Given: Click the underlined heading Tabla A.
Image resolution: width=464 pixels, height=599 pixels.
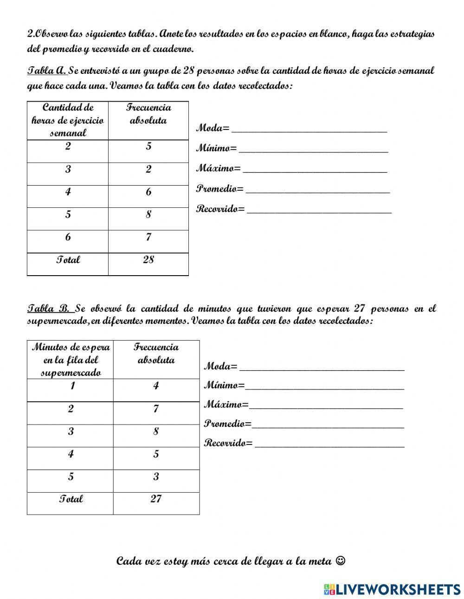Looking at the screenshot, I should click(x=47, y=71).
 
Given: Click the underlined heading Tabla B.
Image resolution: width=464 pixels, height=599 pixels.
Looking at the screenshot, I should click(x=49, y=309).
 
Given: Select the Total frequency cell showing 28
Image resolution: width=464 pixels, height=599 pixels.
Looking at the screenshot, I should click(x=148, y=260).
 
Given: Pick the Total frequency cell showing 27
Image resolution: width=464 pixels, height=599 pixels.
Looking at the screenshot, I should click(x=156, y=499).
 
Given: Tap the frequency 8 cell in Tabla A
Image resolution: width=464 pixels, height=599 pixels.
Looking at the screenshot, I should click(x=148, y=214).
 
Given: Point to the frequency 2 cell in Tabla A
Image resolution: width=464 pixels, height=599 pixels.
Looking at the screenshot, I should click(x=148, y=169).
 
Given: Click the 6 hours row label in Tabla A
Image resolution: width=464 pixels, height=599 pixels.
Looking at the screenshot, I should click(x=68, y=237).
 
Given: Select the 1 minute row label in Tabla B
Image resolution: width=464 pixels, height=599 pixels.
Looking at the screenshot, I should click(x=71, y=386).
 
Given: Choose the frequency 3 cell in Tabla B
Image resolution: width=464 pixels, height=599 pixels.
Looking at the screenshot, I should click(x=156, y=477).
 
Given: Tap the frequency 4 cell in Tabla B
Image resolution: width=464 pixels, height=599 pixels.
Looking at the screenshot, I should click(x=156, y=386).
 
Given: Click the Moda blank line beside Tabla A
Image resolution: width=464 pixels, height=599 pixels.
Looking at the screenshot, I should click(x=309, y=130).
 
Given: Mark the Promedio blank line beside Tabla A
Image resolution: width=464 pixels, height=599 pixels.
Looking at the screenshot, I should click(x=317, y=191).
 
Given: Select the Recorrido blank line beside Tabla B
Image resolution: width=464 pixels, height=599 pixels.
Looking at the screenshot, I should click(x=329, y=445).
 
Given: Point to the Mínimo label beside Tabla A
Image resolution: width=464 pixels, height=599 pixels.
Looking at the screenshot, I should click(x=216, y=148).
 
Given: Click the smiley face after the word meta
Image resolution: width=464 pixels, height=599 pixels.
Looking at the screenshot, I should click(x=340, y=561).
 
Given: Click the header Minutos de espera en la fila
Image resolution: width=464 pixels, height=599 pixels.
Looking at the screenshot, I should click(x=71, y=360).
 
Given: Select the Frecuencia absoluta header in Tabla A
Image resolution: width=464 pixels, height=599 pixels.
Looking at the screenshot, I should click(x=148, y=114).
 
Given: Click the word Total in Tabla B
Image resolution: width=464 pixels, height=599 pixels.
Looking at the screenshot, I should click(x=71, y=499).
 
